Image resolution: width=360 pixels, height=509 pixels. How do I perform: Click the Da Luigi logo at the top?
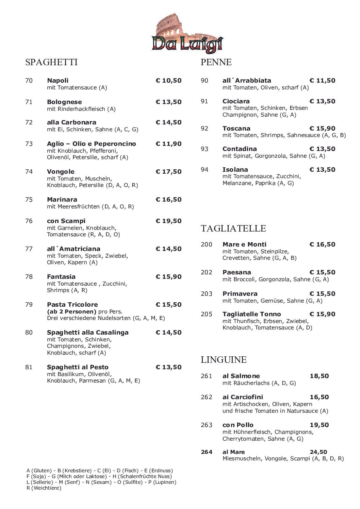pyautogui.click(x=187, y=34)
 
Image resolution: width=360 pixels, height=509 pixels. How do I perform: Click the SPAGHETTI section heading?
pyautogui.click(x=51, y=62)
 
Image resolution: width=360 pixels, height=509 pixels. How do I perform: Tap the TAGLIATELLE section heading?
pyautogui.click(x=233, y=228)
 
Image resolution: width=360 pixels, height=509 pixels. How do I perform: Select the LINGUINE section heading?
pyautogui.click(x=224, y=359)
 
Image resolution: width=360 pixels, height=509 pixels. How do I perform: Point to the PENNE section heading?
pyautogui.click(x=216, y=62)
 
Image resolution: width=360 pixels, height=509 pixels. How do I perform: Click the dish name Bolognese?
pyautogui.click(x=64, y=102)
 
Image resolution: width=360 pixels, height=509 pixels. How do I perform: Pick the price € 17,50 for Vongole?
pyautogui.click(x=168, y=172)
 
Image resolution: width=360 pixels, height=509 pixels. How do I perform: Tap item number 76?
pyautogui.click(x=29, y=221)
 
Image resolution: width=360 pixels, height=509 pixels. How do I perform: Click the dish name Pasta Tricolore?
pyautogui.click(x=72, y=305)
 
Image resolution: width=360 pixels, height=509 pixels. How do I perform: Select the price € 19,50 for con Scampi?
pyautogui.click(x=168, y=221)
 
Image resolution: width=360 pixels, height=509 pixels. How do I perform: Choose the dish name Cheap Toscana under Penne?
pyautogui.click(x=236, y=129)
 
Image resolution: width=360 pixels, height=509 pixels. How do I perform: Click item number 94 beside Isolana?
pyautogui.click(x=204, y=170)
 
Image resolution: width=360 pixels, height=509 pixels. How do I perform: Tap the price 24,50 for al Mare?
pyautogui.click(x=318, y=452)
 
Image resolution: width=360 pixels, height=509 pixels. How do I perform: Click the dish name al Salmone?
pyautogui.click(x=241, y=376)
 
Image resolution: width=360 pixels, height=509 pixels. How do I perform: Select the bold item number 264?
pyautogui.click(x=207, y=452)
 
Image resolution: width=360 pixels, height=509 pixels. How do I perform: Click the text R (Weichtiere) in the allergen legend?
pyautogui.click(x=44, y=488)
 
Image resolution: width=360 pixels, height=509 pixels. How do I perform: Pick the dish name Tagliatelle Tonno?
pyautogui.click(x=251, y=314)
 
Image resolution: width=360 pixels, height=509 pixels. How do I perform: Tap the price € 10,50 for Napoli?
pyautogui.click(x=168, y=81)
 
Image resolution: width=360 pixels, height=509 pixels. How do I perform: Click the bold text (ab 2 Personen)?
pyautogui.click(x=72, y=311)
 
